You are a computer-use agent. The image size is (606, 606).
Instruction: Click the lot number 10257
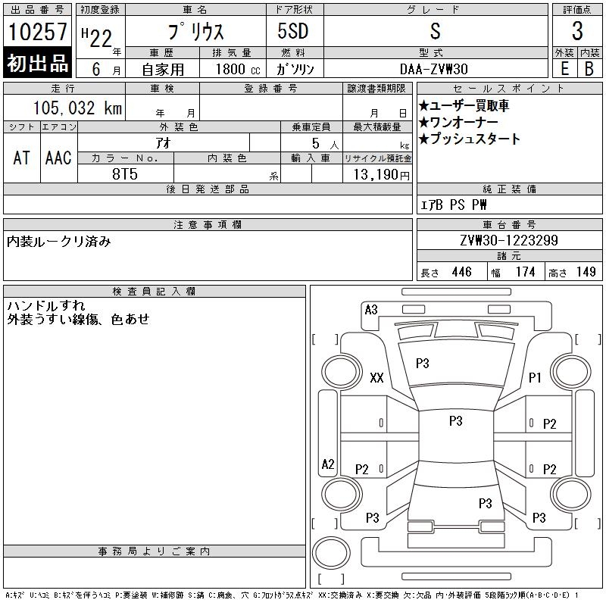point(38,32)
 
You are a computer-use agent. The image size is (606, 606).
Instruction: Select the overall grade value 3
point(577,32)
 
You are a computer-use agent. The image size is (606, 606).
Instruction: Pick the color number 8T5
point(126,173)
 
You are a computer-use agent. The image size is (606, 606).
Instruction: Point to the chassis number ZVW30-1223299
point(509,241)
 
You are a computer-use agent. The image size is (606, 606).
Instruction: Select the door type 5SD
point(293,32)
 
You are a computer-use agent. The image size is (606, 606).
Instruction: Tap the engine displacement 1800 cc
point(236,69)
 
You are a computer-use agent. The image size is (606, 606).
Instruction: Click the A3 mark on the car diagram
point(371,309)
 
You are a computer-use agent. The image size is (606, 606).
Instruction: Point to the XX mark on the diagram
point(376,378)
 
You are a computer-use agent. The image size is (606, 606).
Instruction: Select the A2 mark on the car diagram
point(328,464)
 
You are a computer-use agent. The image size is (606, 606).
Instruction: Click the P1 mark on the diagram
point(535,377)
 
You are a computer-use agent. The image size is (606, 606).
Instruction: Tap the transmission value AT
point(21,158)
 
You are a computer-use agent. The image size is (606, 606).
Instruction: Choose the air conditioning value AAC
point(58,158)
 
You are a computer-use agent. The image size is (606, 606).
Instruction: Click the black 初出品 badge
point(38,64)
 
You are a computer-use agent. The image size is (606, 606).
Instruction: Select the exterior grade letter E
point(564,69)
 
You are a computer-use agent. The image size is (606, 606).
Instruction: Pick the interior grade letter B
point(589,69)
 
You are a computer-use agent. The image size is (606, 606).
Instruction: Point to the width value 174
point(523,272)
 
